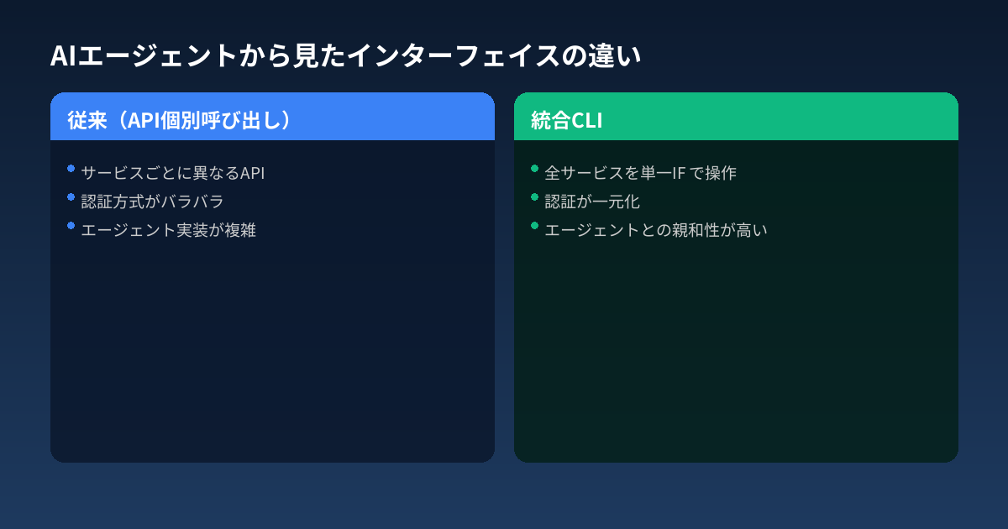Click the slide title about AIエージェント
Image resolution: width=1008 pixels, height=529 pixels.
[345, 56]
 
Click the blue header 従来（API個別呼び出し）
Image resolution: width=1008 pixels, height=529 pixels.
[180, 120]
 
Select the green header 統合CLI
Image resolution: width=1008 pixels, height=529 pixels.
[567, 120]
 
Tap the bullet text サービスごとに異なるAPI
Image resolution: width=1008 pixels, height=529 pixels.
[173, 173]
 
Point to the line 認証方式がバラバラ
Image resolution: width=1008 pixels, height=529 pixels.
[152, 202]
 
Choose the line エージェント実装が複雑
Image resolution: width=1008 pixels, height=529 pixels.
[168, 230]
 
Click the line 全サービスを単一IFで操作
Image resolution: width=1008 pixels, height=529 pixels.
[640, 173]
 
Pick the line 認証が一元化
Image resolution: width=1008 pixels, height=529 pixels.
[592, 202]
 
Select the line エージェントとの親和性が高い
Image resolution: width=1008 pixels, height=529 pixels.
[656, 230]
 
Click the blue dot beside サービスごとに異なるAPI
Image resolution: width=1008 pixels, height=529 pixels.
[71, 169]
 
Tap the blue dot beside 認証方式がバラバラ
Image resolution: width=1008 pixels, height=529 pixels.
[71, 197]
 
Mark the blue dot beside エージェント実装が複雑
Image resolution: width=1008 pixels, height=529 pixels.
[71, 225]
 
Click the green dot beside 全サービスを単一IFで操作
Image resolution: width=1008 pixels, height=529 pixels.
[535, 169]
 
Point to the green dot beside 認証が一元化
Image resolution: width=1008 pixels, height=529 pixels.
[535, 197]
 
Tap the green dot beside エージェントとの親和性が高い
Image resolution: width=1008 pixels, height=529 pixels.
[535, 225]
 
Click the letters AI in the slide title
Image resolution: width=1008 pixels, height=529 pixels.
[64, 56]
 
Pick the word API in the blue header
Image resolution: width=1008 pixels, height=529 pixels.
[144, 120]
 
